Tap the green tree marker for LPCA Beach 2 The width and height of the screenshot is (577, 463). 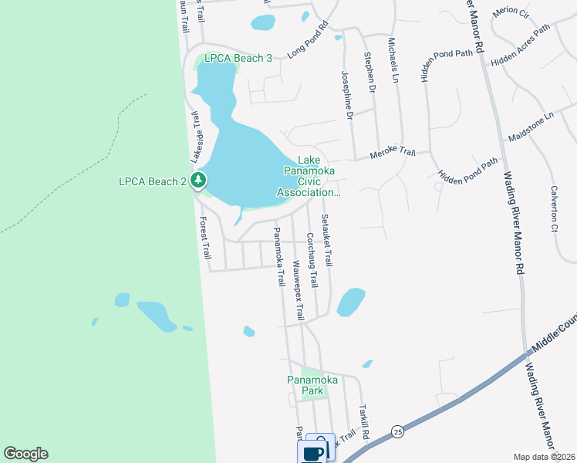[x=200, y=181]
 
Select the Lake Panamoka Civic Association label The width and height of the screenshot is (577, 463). [x=308, y=176]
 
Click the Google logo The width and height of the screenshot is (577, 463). [x=25, y=454]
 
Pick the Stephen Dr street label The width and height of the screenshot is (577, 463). [x=371, y=73]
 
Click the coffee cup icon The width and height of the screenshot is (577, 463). [x=315, y=453]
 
